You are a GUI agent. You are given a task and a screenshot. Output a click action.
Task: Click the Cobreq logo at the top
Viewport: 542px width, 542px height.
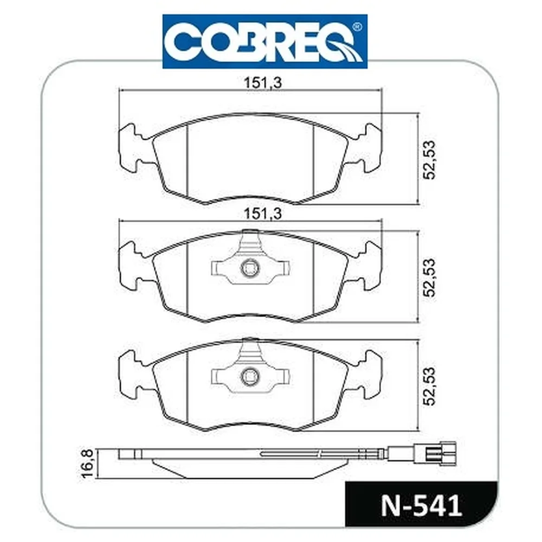click(265, 42)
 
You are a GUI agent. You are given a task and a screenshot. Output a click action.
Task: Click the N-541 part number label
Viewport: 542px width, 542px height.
click(421, 506)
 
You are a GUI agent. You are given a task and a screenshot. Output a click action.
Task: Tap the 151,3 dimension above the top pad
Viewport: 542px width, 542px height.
click(263, 83)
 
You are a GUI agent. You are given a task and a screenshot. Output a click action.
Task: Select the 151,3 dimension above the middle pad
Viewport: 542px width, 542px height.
click(263, 214)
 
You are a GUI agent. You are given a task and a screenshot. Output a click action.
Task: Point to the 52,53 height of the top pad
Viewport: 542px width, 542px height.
click(430, 160)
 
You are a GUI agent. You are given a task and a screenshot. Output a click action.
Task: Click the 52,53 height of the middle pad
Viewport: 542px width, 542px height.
click(430, 277)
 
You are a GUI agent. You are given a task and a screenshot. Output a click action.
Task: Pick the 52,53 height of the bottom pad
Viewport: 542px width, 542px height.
click(430, 386)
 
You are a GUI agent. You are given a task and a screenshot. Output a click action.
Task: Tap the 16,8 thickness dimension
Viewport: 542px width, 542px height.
click(88, 463)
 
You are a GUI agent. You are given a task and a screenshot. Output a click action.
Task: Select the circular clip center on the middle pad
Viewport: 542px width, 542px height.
click(249, 268)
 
